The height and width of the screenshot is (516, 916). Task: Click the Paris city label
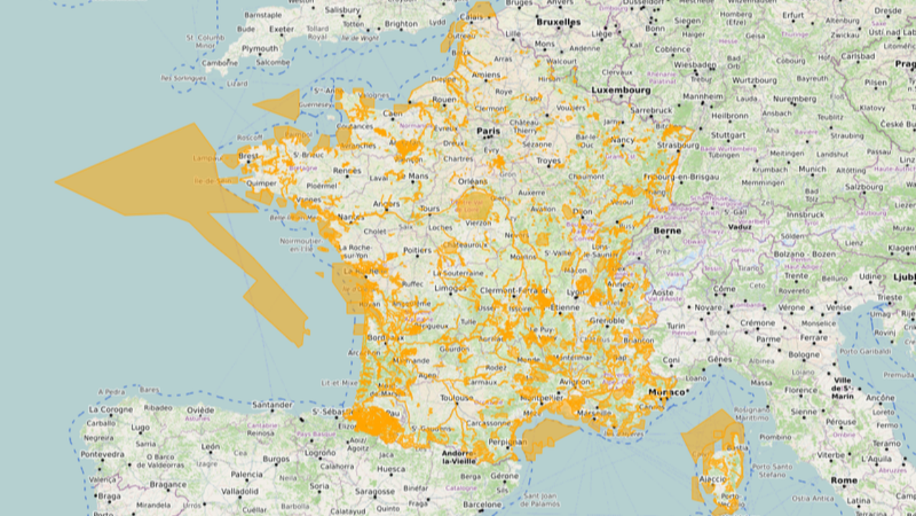(x=489, y=131)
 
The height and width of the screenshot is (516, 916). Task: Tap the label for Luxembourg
(x=620, y=91)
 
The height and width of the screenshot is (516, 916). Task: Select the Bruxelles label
(x=558, y=22)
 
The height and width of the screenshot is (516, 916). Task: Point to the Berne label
(x=667, y=231)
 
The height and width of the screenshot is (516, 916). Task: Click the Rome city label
(x=844, y=480)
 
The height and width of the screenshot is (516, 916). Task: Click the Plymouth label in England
(x=260, y=49)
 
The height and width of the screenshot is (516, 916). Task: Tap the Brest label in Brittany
(x=249, y=156)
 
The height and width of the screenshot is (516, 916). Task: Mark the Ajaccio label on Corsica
(x=712, y=479)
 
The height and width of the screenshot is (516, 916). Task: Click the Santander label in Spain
(x=272, y=405)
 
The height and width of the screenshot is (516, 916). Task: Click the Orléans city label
(x=473, y=181)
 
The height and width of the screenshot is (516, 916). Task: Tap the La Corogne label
(x=110, y=409)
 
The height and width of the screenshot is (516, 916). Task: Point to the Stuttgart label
(x=729, y=135)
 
